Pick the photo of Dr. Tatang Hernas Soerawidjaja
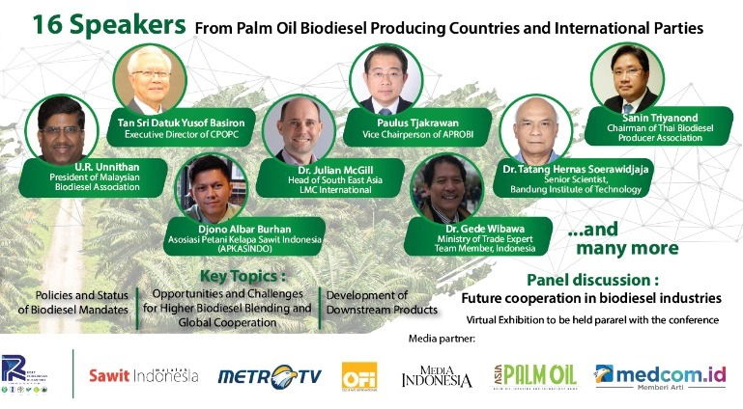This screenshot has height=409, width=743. pyautogui.click(x=534, y=131)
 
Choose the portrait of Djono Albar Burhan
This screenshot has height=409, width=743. pyautogui.click(x=214, y=189)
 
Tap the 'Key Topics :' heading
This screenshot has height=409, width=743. pyautogui.click(x=237, y=275)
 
